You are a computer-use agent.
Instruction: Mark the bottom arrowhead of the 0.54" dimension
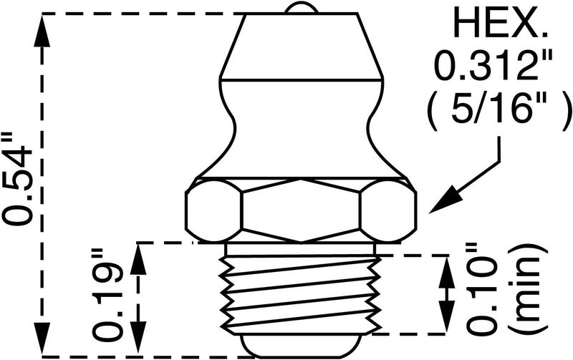coord(42,338)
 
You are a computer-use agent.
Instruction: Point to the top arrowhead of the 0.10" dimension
coord(446,272)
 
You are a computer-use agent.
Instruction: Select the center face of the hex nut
coord(300,210)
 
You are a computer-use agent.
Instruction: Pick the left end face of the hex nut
coord(213,210)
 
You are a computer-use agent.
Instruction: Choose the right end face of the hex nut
coord(388,210)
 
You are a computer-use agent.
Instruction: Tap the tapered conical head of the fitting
coord(302,46)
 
